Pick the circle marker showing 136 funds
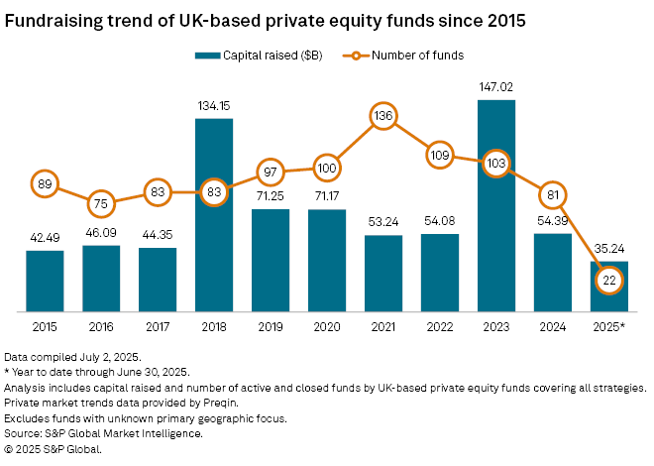coord(384,117)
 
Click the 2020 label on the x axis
coord(327,326)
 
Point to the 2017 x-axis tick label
coord(158,326)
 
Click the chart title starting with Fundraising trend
coord(265,20)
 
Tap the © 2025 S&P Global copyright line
coord(53,449)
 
